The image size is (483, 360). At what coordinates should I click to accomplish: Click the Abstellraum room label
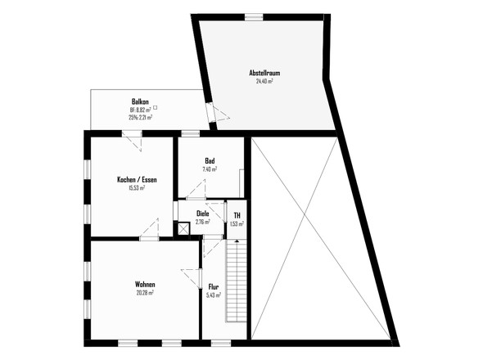264,74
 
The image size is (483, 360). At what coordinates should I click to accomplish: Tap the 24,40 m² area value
264,81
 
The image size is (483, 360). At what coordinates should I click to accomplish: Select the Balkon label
140,101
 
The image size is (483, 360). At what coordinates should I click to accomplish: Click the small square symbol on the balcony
156,107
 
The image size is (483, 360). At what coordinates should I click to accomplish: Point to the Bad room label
210,160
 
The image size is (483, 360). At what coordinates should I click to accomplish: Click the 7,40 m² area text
210,169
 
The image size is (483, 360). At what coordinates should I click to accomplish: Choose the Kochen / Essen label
137,179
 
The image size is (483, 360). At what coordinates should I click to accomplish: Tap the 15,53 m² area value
137,188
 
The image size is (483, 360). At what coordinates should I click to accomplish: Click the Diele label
203,214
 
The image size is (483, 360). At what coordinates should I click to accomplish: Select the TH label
237,215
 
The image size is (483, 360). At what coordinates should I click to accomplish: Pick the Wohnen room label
145,284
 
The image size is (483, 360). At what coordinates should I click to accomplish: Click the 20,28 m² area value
145,293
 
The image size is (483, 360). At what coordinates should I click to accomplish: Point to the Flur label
214,287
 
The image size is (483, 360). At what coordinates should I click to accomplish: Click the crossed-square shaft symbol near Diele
183,229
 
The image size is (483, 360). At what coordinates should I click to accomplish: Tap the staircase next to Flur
237,281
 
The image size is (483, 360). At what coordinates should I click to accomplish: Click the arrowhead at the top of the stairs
237,241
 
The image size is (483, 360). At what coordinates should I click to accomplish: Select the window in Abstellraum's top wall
254,17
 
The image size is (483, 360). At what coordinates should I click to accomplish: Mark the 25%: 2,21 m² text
141,117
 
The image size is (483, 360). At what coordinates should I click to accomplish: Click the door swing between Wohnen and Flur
192,278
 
